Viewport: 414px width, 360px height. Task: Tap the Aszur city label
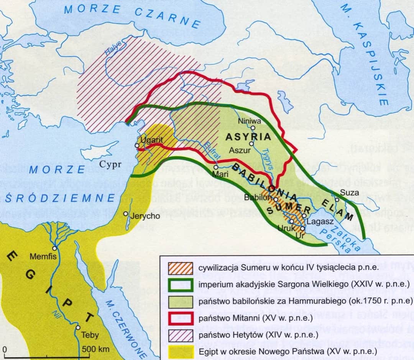tap(240, 150)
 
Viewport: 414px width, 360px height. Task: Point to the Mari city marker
tap(216, 167)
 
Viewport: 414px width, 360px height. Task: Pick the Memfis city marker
tap(56, 248)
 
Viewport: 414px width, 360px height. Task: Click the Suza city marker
tap(337, 199)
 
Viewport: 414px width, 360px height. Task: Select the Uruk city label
tap(286, 228)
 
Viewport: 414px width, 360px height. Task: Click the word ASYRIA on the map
tap(248, 137)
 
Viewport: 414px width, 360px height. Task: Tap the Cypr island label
tap(111, 165)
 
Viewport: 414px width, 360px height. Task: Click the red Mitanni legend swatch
tap(181, 318)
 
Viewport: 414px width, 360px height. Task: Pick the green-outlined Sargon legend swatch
tap(181, 284)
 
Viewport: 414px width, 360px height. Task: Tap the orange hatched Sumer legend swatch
tap(181, 267)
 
